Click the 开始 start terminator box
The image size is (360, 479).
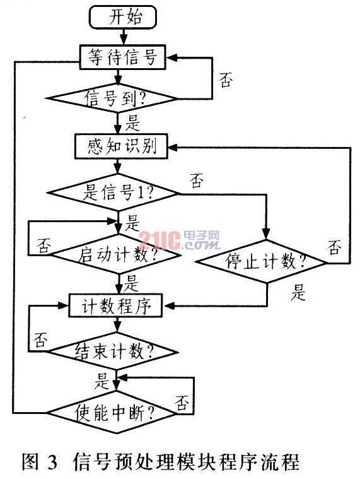pyautogui.click(x=123, y=17)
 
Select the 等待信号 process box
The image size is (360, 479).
pyautogui.click(x=122, y=57)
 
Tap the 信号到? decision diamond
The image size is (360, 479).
pyautogui.click(x=112, y=98)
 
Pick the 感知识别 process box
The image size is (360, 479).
pyautogui.click(x=121, y=146)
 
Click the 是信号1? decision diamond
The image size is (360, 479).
pyautogui.click(x=112, y=192)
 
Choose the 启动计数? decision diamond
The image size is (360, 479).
pyautogui.click(x=114, y=254)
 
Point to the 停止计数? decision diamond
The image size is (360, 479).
pyautogui.click(x=261, y=261)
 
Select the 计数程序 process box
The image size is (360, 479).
pyautogui.click(x=115, y=305)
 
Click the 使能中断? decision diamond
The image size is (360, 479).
pyautogui.click(x=112, y=413)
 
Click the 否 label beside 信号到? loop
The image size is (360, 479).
pyautogui.click(x=226, y=80)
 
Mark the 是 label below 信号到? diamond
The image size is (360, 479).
pyautogui.click(x=132, y=123)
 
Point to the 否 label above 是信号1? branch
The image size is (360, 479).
pyautogui.click(x=197, y=180)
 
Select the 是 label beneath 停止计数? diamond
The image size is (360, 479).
pyautogui.click(x=298, y=292)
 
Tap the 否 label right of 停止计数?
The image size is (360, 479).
pyautogui.click(x=335, y=247)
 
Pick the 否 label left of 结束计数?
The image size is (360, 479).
pyautogui.click(x=41, y=340)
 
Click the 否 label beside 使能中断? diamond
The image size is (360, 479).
pyautogui.click(x=182, y=403)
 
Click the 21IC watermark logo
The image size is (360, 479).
pyautogui.click(x=180, y=240)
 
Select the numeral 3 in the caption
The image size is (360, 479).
pyautogui.click(x=52, y=462)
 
